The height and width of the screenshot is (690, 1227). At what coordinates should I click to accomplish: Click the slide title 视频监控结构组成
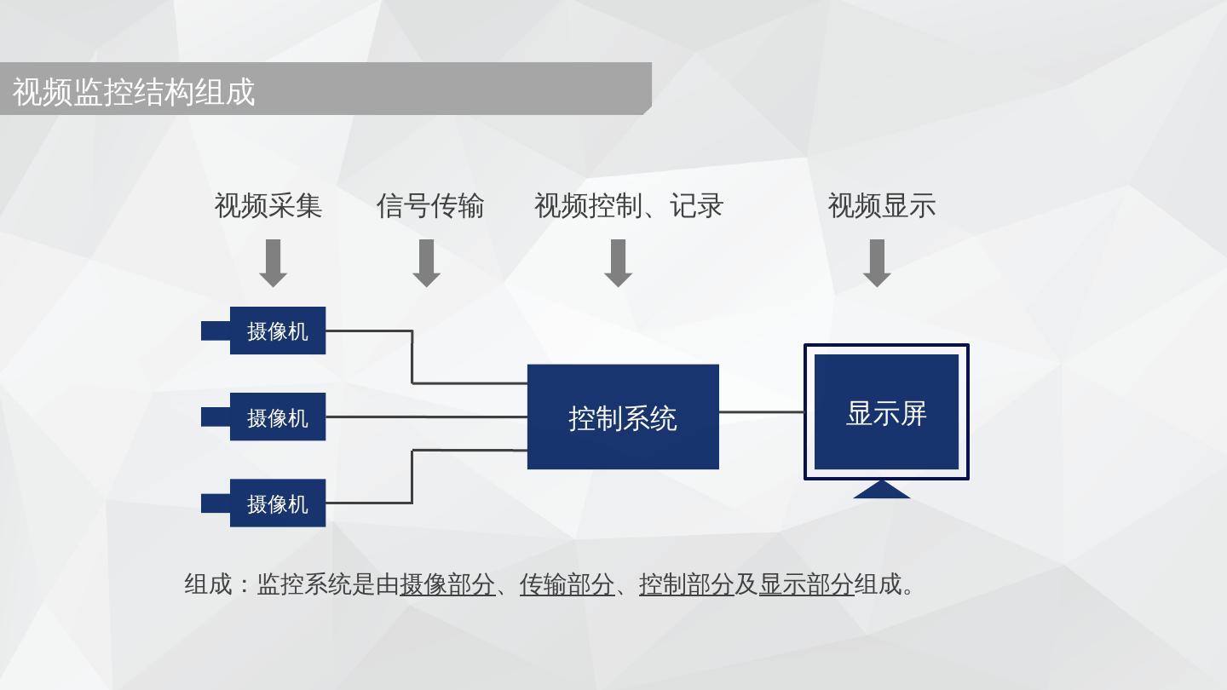click(134, 91)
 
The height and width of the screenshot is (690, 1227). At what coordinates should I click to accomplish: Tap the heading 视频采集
click(268, 206)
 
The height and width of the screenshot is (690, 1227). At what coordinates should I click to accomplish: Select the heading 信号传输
click(430, 206)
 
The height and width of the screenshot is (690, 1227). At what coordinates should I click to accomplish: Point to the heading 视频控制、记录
click(629, 206)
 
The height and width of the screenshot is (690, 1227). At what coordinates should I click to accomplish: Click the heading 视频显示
click(882, 206)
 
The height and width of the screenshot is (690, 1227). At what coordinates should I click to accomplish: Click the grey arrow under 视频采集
click(273, 262)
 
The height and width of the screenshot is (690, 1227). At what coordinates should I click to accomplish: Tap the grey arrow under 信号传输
click(426, 262)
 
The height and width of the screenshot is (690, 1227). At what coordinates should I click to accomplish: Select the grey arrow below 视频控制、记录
click(618, 262)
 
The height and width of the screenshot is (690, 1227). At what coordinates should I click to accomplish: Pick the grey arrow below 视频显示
click(877, 262)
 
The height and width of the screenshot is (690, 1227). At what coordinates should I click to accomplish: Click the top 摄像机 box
click(277, 331)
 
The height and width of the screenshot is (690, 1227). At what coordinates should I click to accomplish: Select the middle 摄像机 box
click(277, 417)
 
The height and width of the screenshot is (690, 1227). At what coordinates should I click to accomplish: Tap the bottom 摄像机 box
click(277, 503)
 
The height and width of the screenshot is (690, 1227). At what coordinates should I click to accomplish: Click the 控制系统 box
click(623, 417)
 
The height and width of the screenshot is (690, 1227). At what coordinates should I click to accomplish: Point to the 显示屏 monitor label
click(886, 413)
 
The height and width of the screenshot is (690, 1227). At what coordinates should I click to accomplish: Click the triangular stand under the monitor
click(882, 490)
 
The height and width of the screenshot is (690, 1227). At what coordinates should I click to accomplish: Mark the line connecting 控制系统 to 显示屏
click(762, 411)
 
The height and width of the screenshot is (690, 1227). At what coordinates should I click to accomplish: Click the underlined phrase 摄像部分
click(447, 584)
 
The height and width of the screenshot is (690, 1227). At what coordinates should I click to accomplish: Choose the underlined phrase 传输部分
click(567, 584)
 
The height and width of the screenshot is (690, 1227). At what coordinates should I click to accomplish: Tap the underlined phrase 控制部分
click(686, 584)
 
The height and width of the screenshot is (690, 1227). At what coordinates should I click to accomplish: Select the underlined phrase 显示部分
click(806, 584)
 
